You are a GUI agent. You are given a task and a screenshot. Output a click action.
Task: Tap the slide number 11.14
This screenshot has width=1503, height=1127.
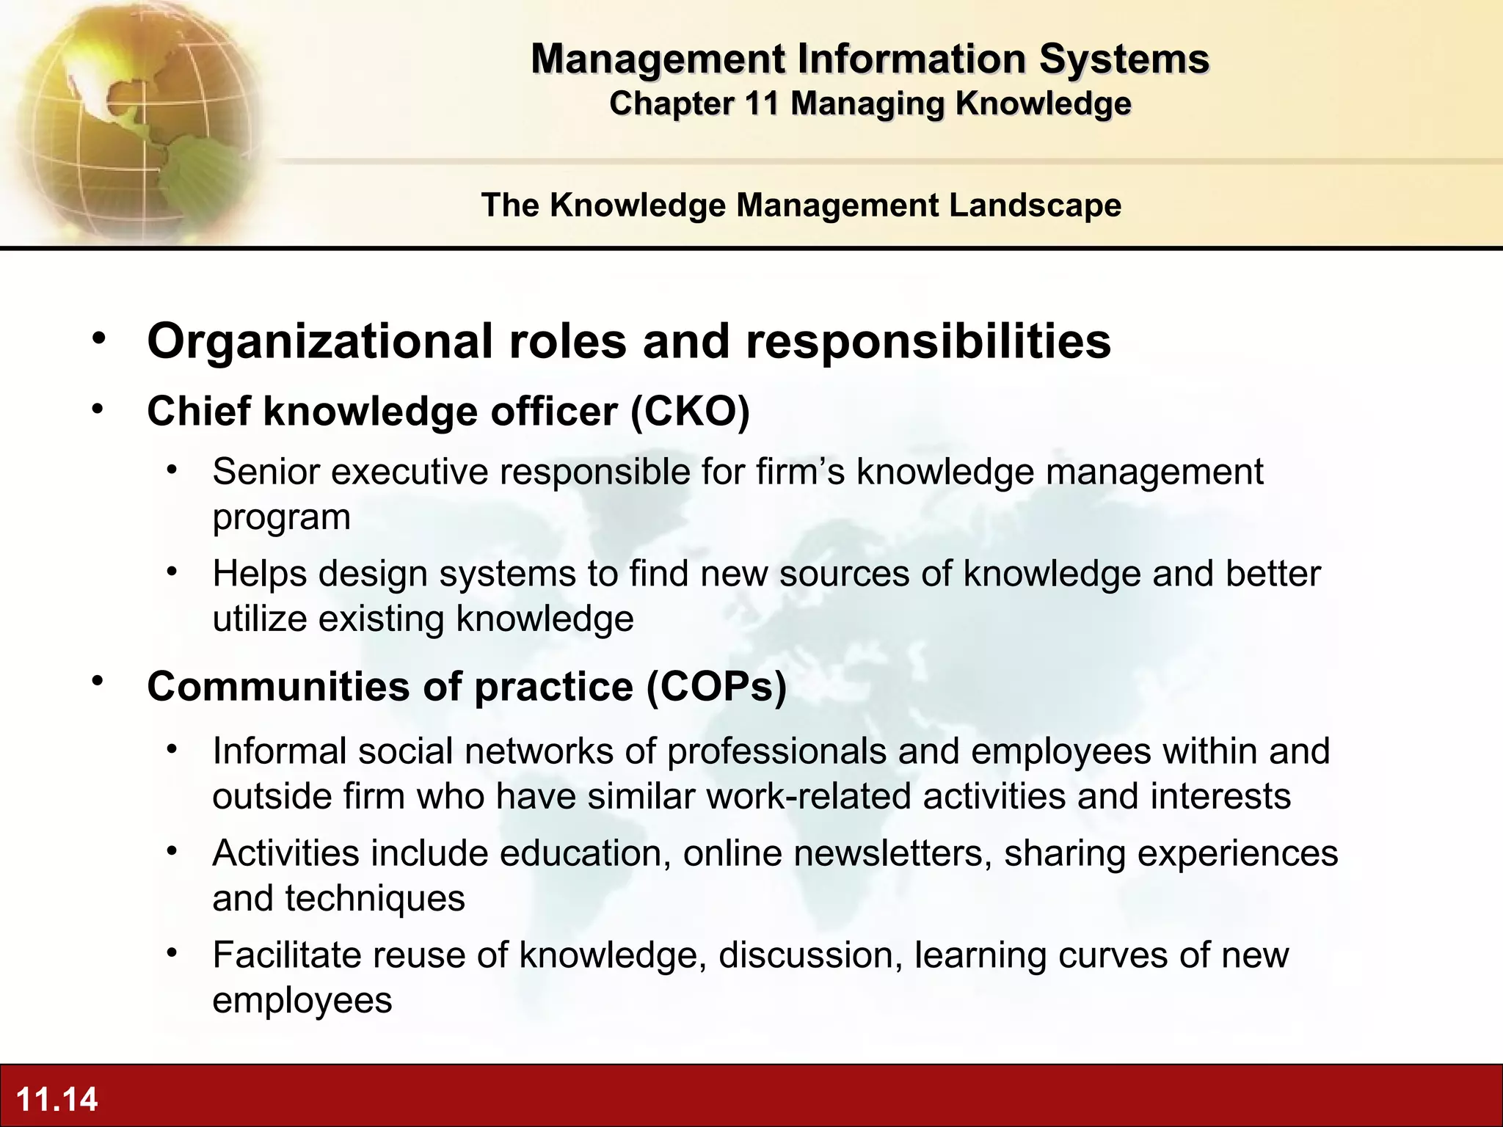(x=57, y=1099)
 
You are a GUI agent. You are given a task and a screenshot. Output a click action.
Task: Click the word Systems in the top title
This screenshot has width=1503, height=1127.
(x=1124, y=59)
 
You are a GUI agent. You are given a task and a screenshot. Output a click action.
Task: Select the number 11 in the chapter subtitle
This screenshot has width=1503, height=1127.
(x=760, y=103)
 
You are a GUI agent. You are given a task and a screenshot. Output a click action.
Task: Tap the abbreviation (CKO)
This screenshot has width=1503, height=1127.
(x=690, y=411)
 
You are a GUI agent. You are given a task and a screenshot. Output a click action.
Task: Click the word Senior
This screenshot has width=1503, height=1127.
(x=266, y=472)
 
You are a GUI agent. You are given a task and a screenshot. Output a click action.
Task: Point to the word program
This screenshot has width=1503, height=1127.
(x=281, y=518)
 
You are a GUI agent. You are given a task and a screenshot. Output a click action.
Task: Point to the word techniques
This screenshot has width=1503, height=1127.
(x=375, y=899)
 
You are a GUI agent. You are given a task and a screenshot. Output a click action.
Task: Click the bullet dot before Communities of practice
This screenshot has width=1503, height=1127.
(x=98, y=682)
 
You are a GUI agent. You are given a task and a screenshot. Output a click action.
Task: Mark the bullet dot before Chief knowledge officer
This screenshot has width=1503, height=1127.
(x=98, y=409)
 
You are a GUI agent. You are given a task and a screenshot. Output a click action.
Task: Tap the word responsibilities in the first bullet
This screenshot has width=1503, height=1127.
(x=928, y=342)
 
